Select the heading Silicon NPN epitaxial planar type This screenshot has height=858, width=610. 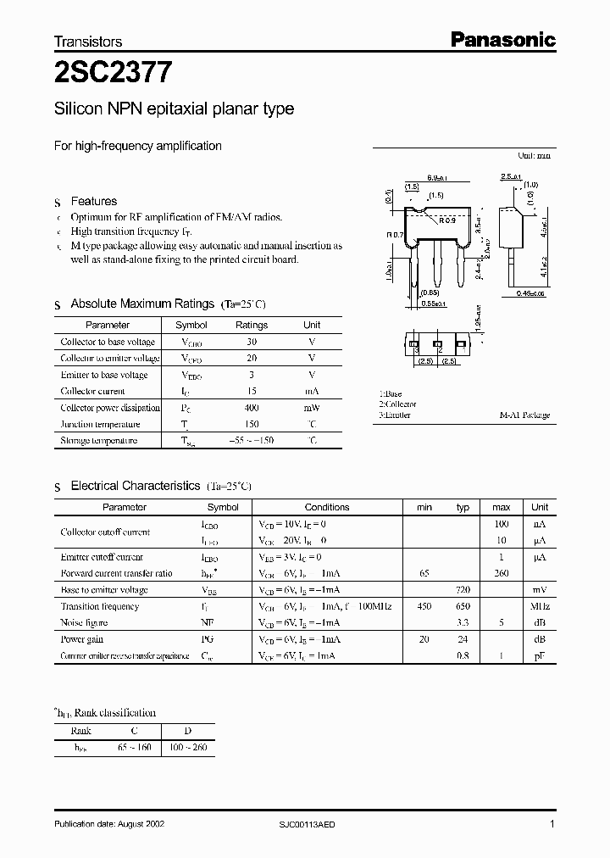click(x=174, y=109)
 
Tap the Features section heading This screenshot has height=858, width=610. click(x=93, y=201)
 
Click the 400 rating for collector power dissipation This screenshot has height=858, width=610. click(x=251, y=408)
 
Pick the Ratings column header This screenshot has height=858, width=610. click(x=251, y=325)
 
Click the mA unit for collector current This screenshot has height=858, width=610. click(x=312, y=392)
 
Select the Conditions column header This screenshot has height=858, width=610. click(x=326, y=507)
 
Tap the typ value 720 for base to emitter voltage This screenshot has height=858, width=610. click(x=463, y=589)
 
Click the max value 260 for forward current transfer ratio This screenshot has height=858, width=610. click(x=501, y=573)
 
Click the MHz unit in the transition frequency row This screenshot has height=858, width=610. click(x=540, y=606)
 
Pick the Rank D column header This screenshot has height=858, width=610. click(x=187, y=731)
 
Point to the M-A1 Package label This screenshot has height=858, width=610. click(x=524, y=415)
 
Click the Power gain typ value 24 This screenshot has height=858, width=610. click(x=463, y=639)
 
